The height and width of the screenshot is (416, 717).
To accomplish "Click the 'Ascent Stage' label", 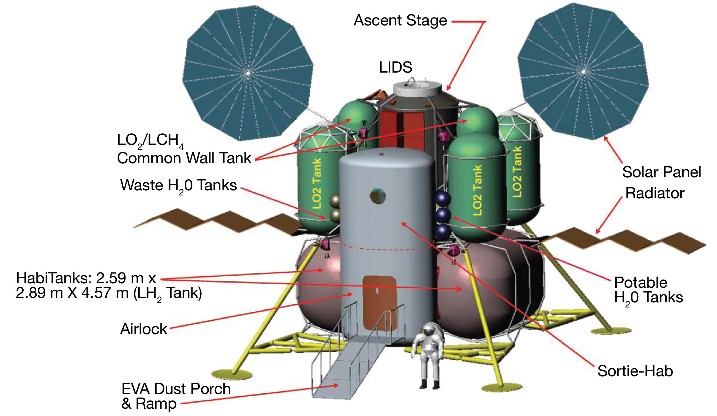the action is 400,21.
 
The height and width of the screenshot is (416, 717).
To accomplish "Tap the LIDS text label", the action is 395,67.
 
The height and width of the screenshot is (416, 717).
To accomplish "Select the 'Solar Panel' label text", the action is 662,172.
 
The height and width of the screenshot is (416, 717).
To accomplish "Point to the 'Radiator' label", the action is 655,193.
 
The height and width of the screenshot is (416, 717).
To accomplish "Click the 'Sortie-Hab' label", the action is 635,371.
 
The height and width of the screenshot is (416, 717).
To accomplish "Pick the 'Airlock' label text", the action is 143,329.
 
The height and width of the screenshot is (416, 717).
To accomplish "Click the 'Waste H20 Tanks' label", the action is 178,186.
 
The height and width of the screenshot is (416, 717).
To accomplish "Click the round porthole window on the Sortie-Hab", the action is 378,196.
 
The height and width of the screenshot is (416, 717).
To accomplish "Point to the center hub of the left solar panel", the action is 248,73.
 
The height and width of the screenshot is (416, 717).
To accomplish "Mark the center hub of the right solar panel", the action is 583,72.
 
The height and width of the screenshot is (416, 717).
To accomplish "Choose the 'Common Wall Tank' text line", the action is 184,158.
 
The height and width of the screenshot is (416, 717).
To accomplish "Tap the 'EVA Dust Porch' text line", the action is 176,389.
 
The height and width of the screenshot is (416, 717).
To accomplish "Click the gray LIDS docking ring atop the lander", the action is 417,87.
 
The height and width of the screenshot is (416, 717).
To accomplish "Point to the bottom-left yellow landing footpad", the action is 232,375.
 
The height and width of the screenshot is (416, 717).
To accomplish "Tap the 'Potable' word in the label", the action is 641,283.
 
